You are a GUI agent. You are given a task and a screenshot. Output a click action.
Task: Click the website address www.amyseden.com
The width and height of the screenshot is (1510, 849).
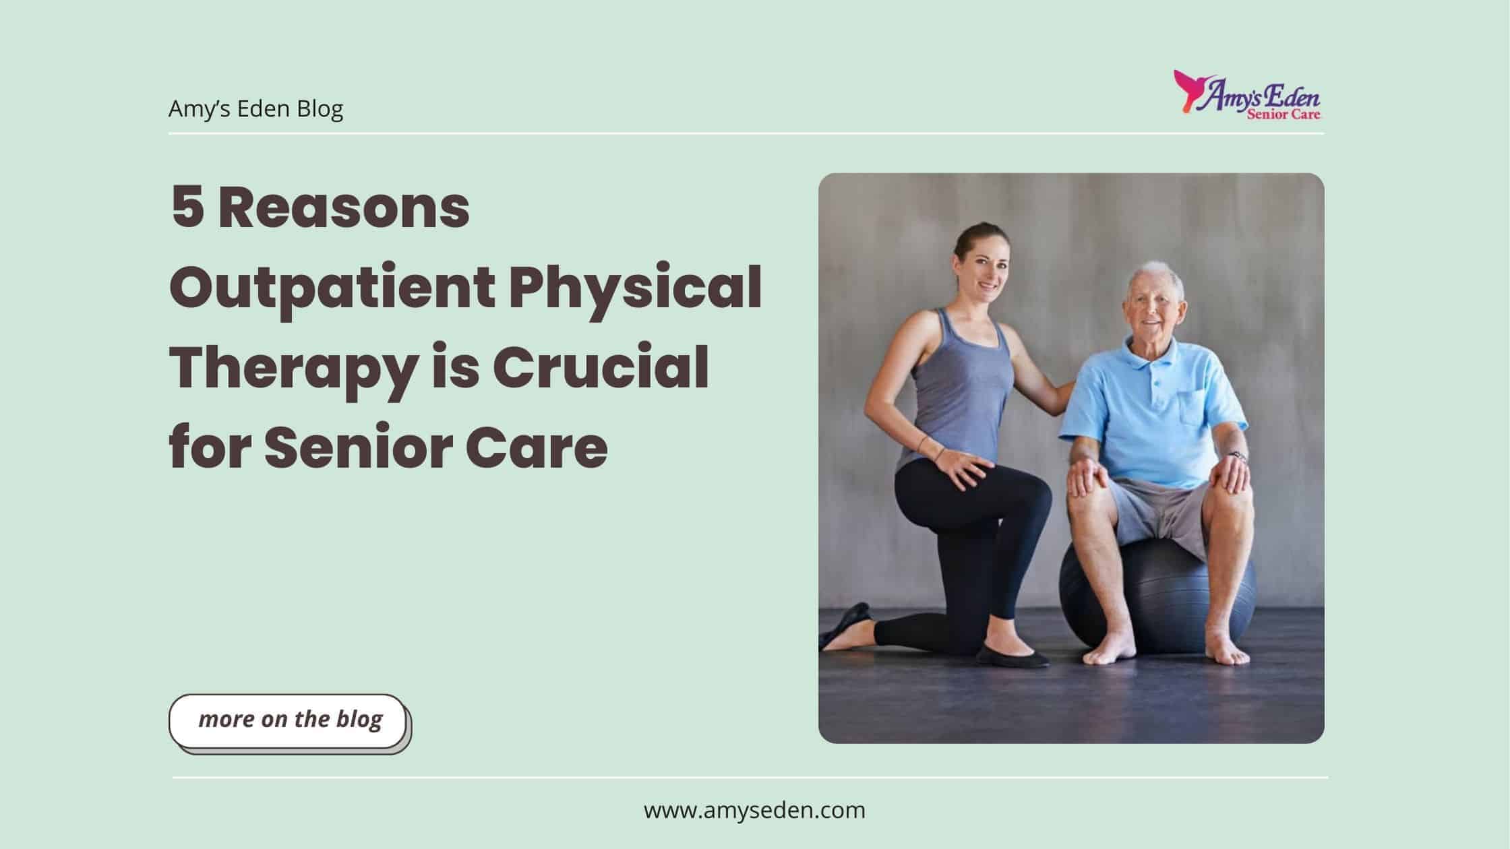[754, 810]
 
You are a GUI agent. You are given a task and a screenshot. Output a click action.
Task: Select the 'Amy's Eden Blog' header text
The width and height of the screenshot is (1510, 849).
[255, 108]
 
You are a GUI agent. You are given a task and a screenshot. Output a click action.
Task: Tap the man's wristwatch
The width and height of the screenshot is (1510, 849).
[1237, 456]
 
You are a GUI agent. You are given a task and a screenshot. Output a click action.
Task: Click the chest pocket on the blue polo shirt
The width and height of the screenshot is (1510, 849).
[1192, 408]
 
